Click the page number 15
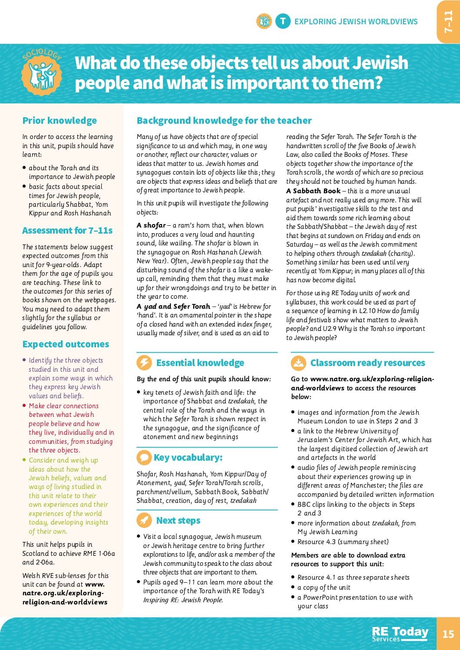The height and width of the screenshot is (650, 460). tap(448, 634)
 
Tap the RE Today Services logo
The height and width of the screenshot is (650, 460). tap(400, 634)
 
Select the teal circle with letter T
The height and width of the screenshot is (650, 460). tap(283, 21)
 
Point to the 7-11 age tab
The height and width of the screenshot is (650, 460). tap(448, 22)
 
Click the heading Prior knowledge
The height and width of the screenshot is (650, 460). tap(60, 121)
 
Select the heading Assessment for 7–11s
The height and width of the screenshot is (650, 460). tap(67, 231)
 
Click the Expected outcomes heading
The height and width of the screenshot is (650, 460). tap(66, 344)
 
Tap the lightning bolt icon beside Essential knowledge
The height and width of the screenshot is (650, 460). tap(144, 363)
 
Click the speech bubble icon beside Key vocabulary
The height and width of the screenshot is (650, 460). tap(143, 457)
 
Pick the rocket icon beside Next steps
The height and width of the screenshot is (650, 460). tap(144, 520)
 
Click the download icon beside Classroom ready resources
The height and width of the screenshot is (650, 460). tap(298, 363)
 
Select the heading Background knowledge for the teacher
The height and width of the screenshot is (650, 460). tap(224, 121)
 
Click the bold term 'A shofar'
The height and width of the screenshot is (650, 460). tap(151, 225)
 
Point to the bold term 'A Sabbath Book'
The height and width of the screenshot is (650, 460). tap(313, 191)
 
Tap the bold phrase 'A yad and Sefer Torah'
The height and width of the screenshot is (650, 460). tap(173, 307)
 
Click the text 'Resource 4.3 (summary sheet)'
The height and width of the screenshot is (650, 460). tap(343, 542)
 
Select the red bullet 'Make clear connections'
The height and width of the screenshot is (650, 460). tap(63, 406)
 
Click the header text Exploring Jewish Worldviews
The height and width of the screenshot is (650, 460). tap(356, 21)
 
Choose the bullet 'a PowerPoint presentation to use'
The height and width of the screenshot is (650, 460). tap(355, 597)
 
